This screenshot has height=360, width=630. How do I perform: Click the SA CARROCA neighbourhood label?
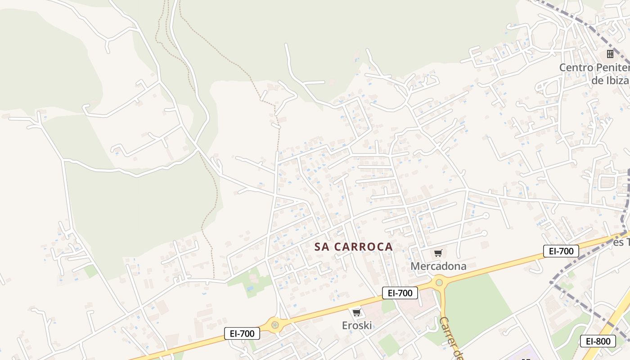354,247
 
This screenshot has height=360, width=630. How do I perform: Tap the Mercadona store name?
438,266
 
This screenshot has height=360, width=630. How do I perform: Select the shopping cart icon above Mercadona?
438,253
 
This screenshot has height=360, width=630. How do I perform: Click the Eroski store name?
357,325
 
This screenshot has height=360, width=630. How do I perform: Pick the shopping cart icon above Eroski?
357,312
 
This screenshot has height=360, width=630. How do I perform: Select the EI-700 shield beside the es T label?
561,251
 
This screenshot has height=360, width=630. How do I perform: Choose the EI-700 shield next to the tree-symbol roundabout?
242,333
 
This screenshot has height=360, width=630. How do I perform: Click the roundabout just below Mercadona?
439,283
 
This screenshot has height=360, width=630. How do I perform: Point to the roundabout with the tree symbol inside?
274,324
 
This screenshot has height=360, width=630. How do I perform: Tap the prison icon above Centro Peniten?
610,54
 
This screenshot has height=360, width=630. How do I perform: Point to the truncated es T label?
621,242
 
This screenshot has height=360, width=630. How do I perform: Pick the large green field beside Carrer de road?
477,306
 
